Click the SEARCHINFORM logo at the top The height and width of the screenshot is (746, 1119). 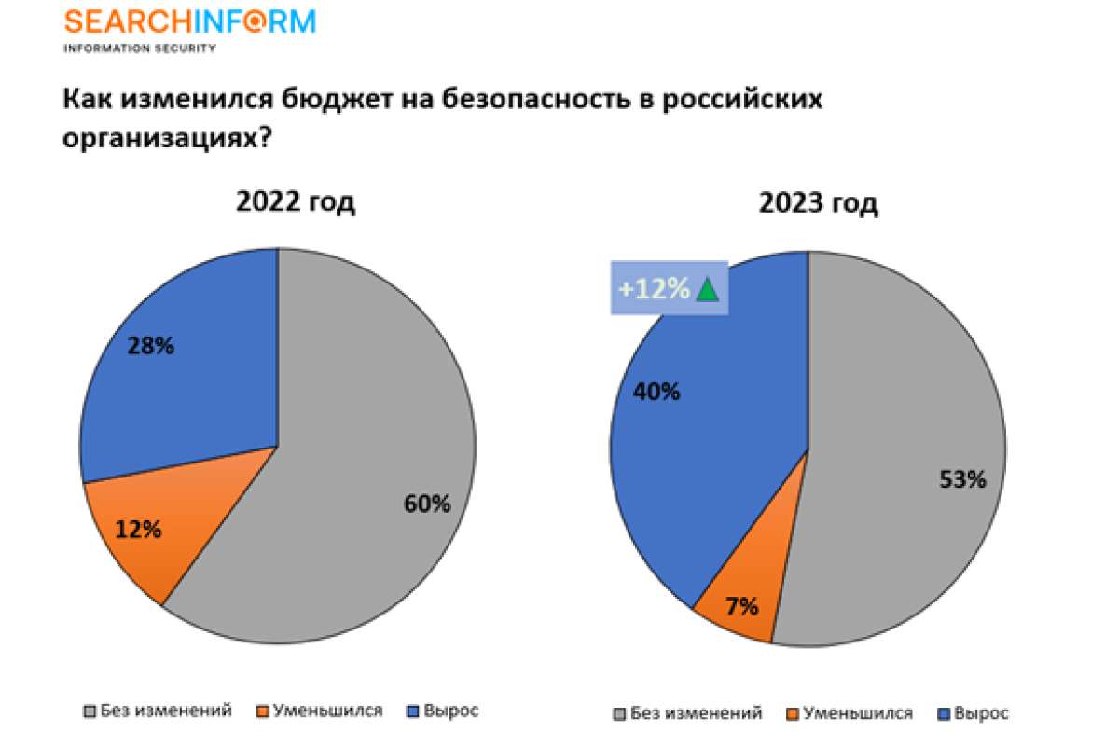[189, 21]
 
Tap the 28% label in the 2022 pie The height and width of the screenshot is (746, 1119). [150, 346]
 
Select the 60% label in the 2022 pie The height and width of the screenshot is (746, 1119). [427, 504]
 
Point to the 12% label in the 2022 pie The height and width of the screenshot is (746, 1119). [138, 530]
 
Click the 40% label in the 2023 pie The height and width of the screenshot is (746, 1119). [656, 391]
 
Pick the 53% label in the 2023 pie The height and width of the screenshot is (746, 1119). [961, 480]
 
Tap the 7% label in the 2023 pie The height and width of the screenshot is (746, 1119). [742, 606]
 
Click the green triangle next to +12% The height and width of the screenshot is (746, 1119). [708, 290]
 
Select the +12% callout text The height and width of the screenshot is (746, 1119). [653, 290]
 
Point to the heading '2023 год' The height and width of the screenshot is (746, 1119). [818, 203]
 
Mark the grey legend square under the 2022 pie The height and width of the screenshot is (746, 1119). [90, 711]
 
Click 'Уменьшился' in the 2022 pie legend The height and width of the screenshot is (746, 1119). [334, 711]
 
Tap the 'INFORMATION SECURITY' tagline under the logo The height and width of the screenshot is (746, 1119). [139, 48]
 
